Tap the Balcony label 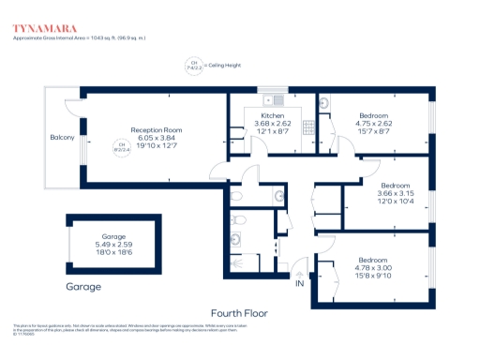[63, 138]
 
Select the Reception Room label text [156, 129]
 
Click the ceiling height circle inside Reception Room [120, 147]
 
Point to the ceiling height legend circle [196, 66]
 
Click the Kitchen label [259, 115]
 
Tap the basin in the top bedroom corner [323, 105]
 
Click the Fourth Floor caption [240, 312]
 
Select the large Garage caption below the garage [83, 286]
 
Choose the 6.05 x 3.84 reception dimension [156, 138]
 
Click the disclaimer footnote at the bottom [122, 330]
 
